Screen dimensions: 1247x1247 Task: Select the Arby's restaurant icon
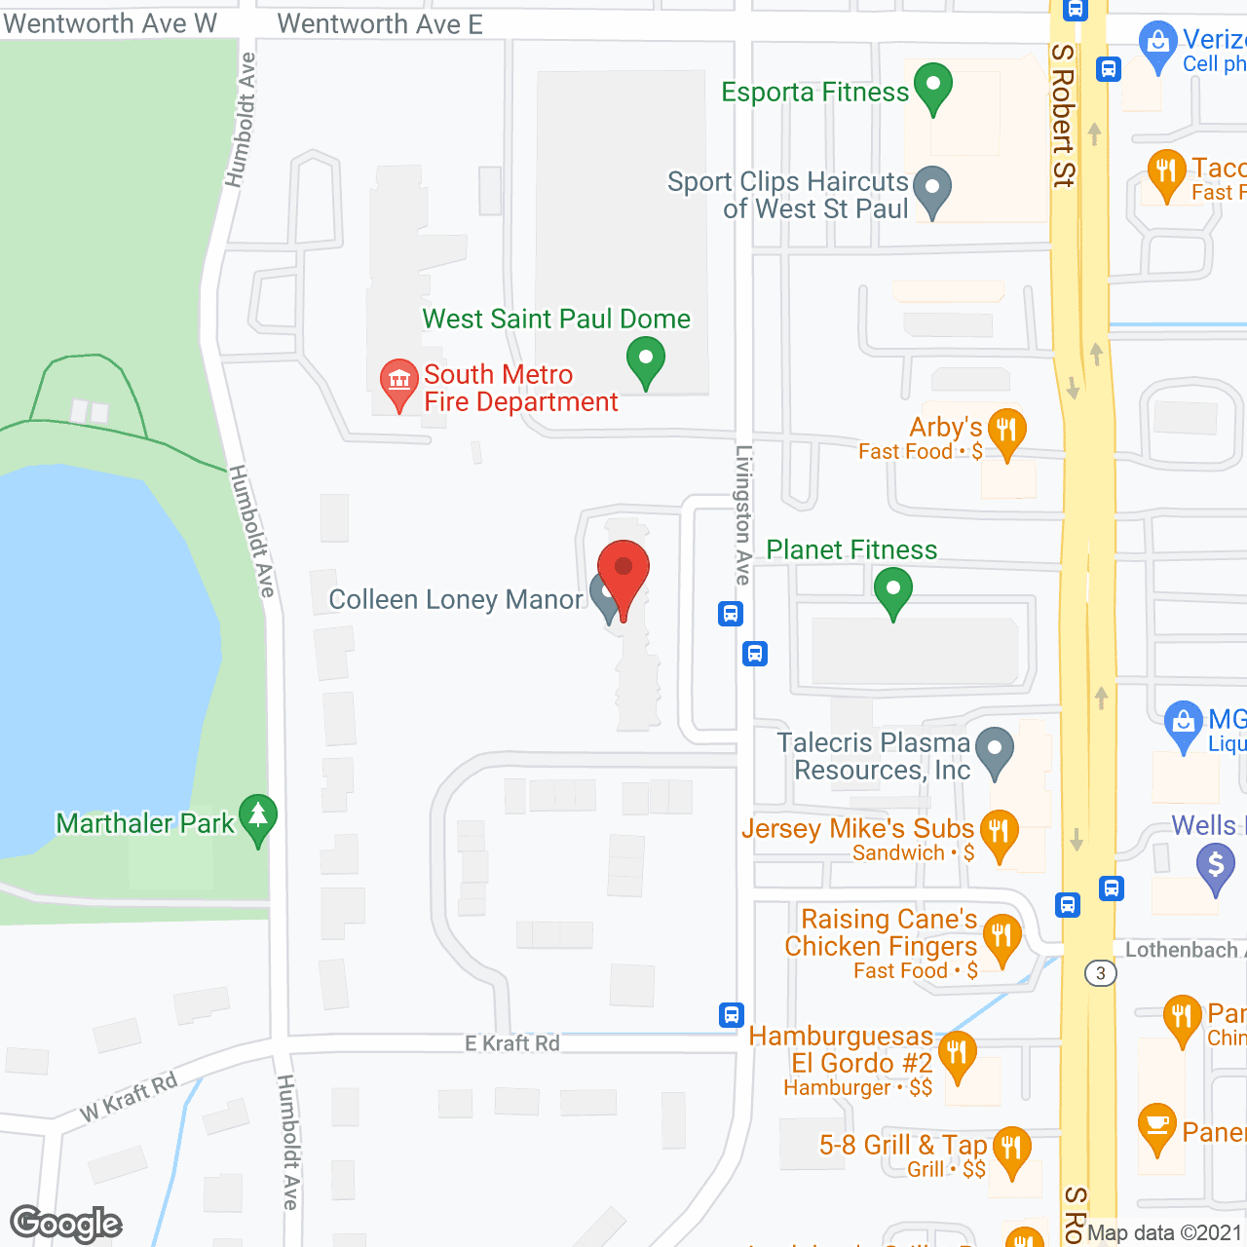coord(1006,431)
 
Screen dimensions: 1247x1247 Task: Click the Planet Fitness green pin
coord(892,590)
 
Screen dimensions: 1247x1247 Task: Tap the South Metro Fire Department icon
coord(398,383)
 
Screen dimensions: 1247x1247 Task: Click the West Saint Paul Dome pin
coord(645,360)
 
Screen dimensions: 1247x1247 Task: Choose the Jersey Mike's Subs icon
coord(999,833)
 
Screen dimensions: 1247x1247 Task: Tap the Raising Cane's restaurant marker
coord(1001,938)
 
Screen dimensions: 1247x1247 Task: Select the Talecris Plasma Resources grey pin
coord(995,752)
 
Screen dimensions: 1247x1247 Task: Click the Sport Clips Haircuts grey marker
coord(932,189)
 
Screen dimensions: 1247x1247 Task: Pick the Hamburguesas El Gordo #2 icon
coord(957,1054)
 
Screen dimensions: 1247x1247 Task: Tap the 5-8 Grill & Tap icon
coord(1011,1150)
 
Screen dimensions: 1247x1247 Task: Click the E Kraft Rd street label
coord(512,1043)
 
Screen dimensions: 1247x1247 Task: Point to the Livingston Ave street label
coord(743,514)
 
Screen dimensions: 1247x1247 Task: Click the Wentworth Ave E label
coord(380,24)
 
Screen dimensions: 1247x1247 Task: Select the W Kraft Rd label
coord(130,1096)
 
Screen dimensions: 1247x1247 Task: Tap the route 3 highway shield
coord(1101,973)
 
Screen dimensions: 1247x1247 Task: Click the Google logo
coord(66,1224)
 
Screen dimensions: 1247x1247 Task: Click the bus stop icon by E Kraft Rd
coord(732,1015)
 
